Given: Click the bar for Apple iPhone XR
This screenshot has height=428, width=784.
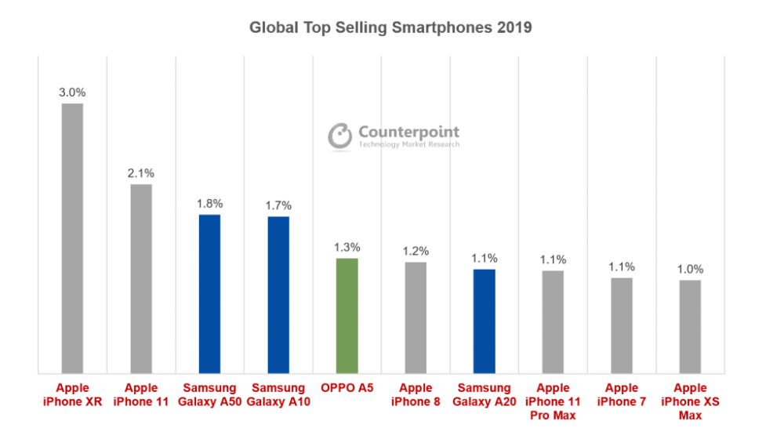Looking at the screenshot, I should pyautogui.click(x=72, y=238).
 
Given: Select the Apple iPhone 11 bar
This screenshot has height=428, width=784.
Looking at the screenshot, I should pyautogui.click(x=141, y=278).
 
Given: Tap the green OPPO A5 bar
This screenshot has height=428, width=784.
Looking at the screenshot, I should pyautogui.click(x=347, y=315).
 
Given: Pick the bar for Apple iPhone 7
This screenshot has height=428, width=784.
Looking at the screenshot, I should pyautogui.click(x=622, y=325).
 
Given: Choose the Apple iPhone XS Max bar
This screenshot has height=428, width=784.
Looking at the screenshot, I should pyautogui.click(x=691, y=326).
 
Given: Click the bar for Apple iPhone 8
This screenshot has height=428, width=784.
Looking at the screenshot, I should pyautogui.click(x=416, y=317).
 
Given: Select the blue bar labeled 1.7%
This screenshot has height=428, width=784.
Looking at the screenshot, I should pyautogui.click(x=278, y=294).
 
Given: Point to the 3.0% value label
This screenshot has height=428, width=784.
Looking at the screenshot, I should pyautogui.click(x=72, y=92).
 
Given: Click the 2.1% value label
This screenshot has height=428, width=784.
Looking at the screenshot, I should pyautogui.click(x=141, y=172).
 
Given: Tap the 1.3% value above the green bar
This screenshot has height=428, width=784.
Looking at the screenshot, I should pyautogui.click(x=347, y=247).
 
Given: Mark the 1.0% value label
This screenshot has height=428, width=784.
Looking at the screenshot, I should pyautogui.click(x=691, y=269).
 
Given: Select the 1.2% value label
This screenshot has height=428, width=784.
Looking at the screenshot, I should pyautogui.click(x=416, y=251).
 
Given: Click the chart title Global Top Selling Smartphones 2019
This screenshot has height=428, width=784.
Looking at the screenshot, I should pyautogui.click(x=391, y=27).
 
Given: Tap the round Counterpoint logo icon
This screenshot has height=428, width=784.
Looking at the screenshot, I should pyautogui.click(x=339, y=136).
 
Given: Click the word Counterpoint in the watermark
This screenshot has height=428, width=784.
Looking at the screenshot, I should pyautogui.click(x=408, y=132).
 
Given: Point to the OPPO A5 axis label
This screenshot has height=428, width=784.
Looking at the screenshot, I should pyautogui.click(x=347, y=388).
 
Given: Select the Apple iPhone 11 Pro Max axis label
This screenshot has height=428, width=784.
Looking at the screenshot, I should pyautogui.click(x=553, y=401).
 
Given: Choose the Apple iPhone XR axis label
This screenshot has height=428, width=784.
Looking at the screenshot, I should pyautogui.click(x=72, y=394).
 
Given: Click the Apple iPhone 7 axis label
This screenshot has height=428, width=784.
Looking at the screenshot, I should pyautogui.click(x=622, y=394).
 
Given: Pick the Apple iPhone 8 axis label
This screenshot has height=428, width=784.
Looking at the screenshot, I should pyautogui.click(x=416, y=394).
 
